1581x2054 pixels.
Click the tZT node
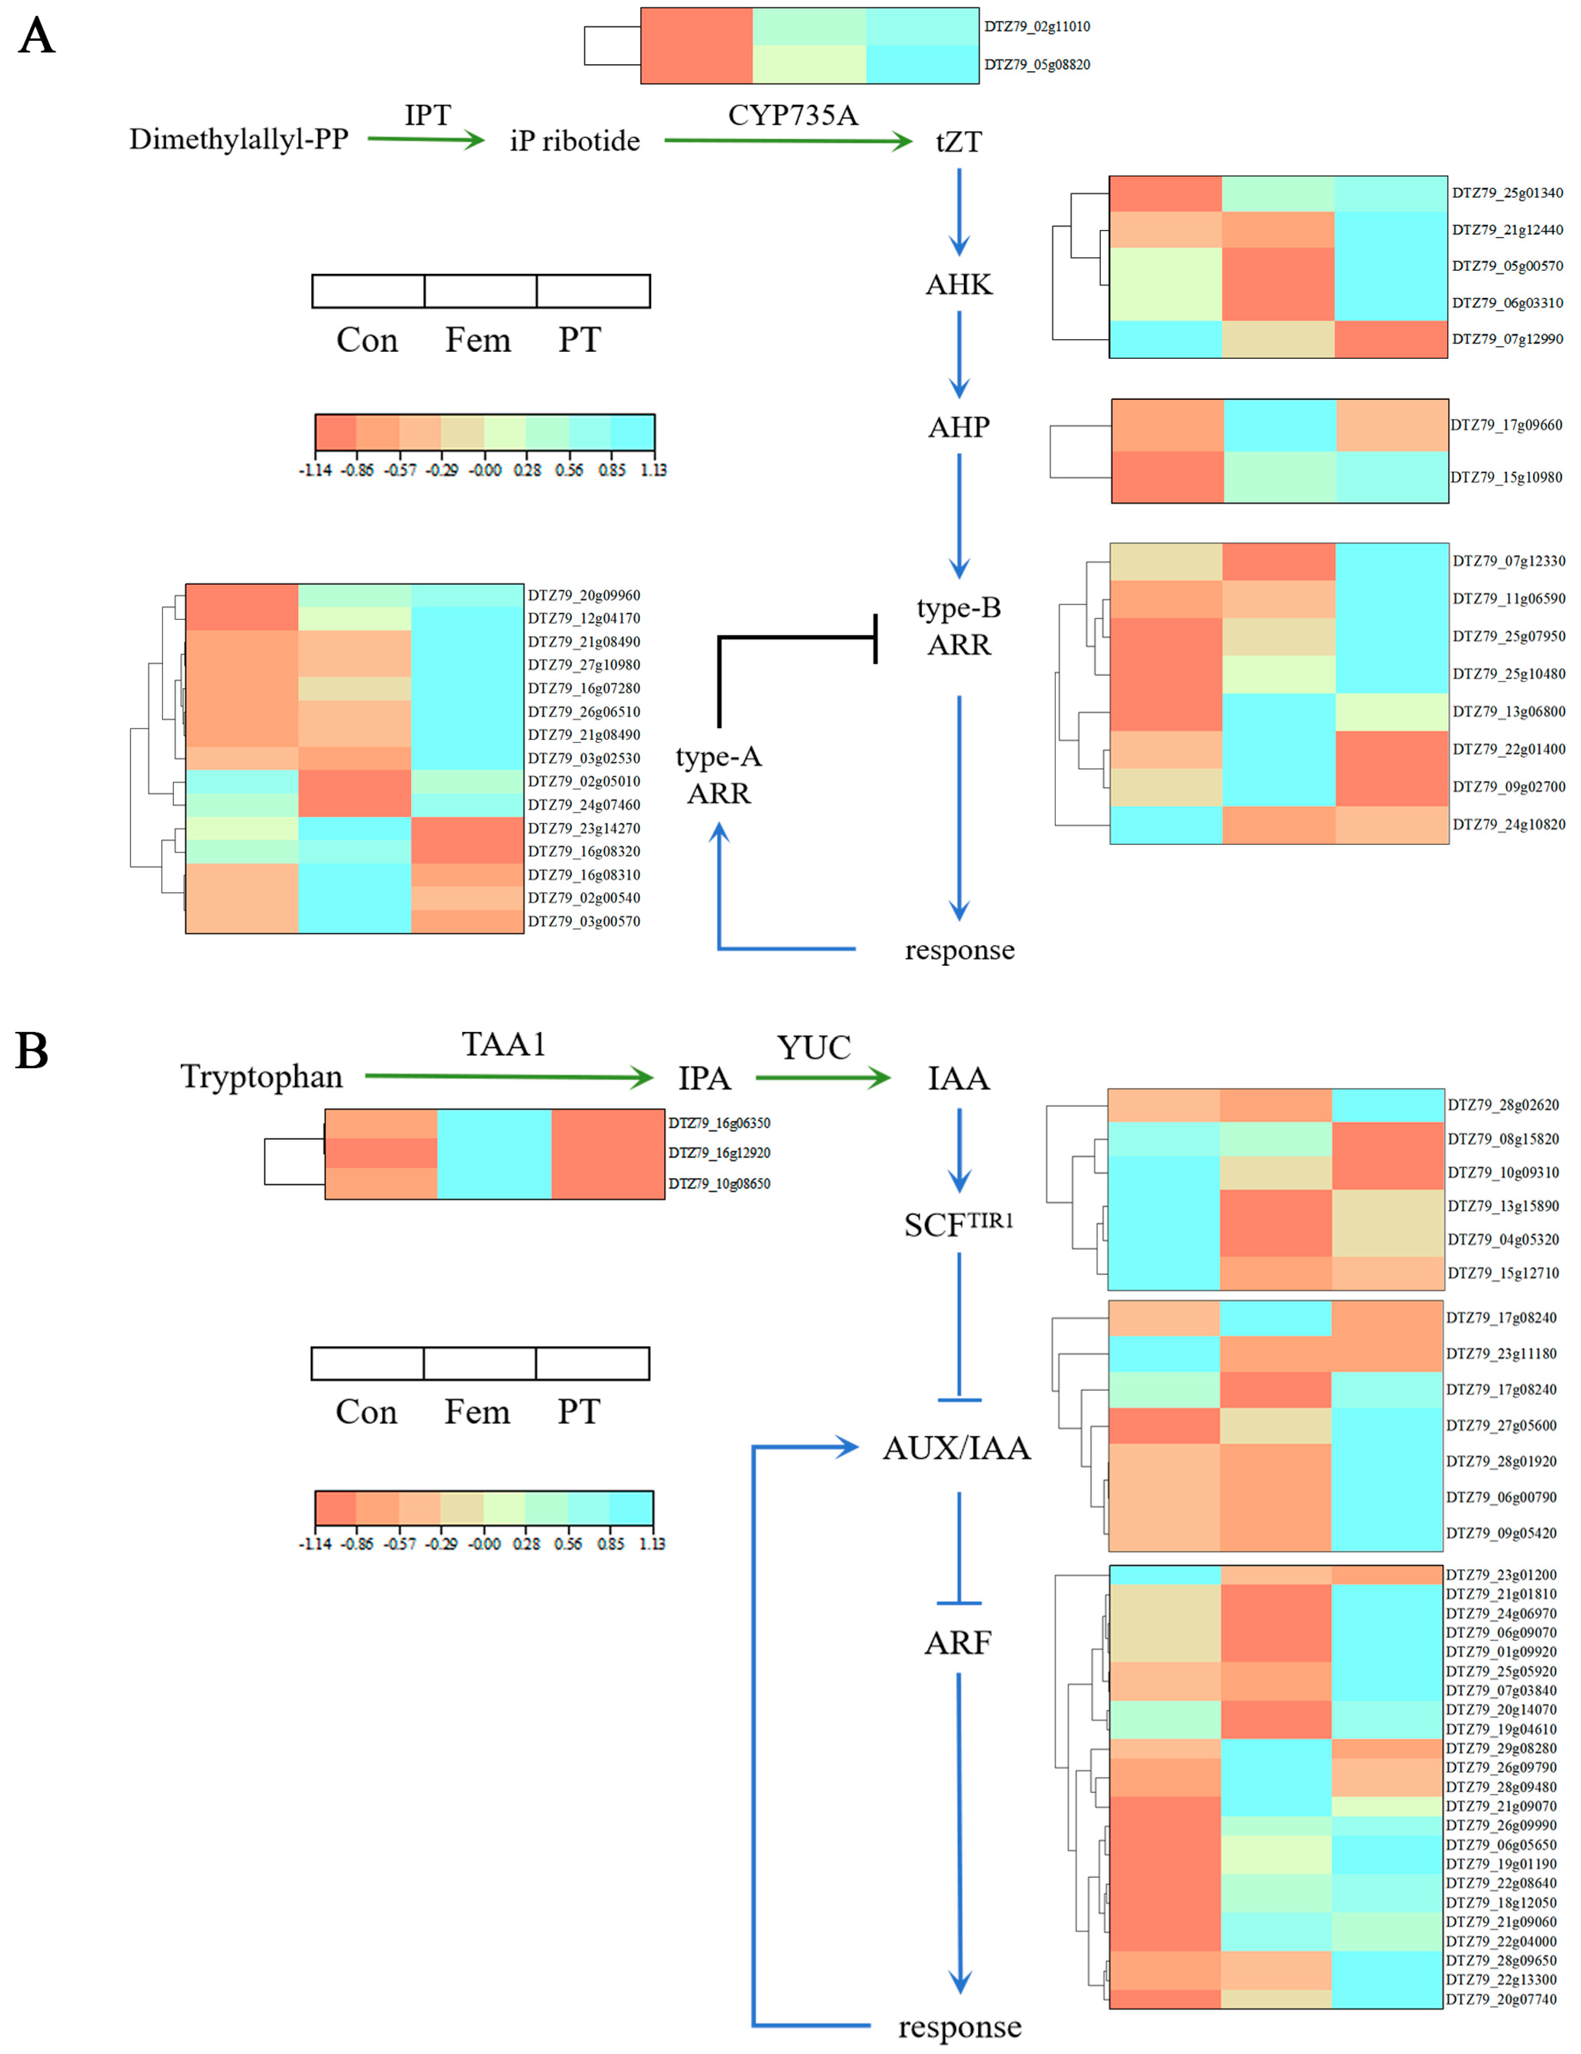959,142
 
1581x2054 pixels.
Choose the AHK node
959,284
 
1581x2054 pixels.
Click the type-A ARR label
718,775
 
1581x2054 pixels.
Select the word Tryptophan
261,1076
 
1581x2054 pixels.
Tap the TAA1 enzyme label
503,1044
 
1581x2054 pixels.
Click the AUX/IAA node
956,1447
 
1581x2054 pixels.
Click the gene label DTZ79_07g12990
1507,338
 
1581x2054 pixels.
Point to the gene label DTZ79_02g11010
1036,27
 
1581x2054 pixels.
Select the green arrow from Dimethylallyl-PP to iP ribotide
425,139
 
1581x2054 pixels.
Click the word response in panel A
959,950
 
